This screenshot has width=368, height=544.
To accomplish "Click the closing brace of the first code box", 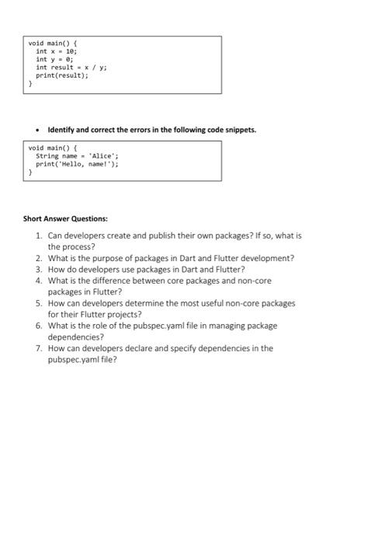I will pos(31,84).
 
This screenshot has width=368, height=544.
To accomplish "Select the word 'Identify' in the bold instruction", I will pos(62,129).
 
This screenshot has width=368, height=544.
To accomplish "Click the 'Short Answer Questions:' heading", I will pos(65,219).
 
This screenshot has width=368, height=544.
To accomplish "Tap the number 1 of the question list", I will pos(38,234).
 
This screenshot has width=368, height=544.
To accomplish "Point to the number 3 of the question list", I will pos(38,269).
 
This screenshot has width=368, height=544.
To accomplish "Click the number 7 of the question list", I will pos(38,349).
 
